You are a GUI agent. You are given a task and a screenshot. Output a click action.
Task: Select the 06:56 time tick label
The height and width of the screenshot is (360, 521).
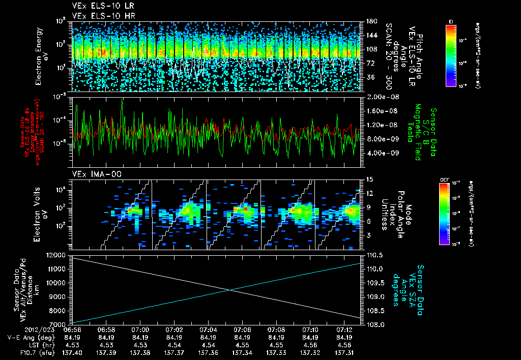(x=72, y=330)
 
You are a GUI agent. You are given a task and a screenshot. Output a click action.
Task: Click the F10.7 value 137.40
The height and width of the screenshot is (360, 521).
(x=72, y=352)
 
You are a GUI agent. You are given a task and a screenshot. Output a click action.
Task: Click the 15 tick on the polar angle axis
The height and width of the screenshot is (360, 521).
(x=367, y=179)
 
